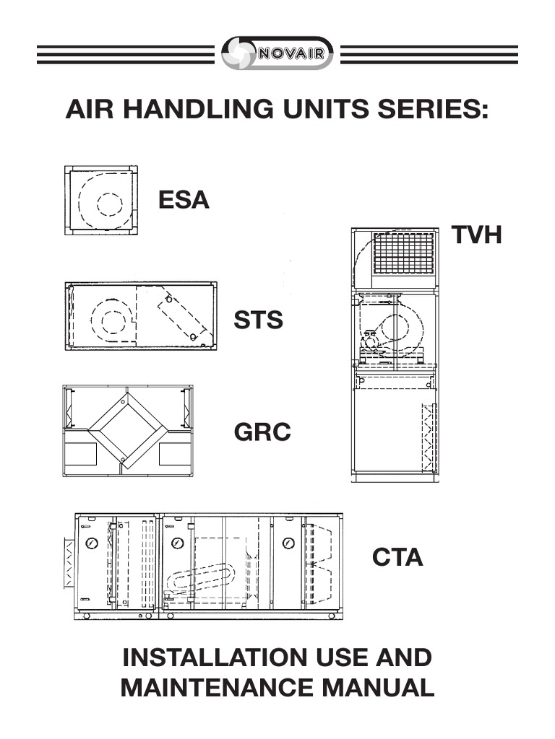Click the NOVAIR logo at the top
pos(277,53)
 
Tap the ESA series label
pos(184,200)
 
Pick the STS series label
pos(258,320)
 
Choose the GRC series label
pos(262,432)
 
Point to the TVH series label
pos(476,235)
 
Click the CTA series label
pos(397,557)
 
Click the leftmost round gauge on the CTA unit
pos(92,543)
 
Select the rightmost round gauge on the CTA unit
pos(288,543)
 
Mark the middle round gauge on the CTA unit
pos(177,543)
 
